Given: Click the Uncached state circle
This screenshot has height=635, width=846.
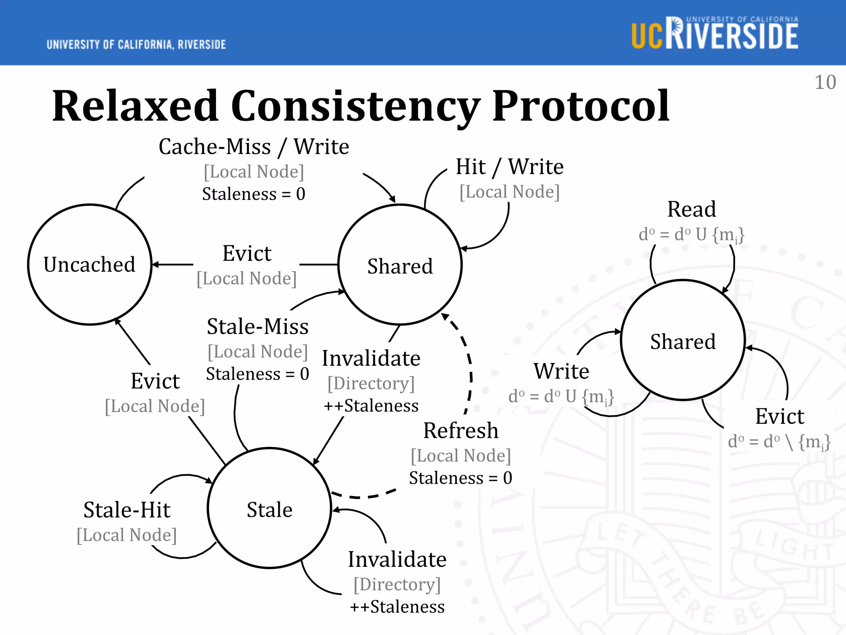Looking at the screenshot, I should [x=90, y=265].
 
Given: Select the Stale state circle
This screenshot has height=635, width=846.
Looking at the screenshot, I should [x=269, y=508].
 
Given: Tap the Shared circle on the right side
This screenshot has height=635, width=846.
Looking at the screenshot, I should [x=683, y=341].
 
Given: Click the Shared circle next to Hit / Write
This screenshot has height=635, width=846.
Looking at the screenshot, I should [x=400, y=265].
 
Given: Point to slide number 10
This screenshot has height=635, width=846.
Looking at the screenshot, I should [x=825, y=82].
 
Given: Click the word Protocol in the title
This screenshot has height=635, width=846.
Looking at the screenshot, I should [x=580, y=106].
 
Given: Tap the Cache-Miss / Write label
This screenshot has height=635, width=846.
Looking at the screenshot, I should [x=254, y=147].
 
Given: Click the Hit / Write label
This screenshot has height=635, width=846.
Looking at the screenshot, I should [x=509, y=167].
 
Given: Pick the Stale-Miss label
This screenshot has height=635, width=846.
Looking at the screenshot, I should [x=258, y=327].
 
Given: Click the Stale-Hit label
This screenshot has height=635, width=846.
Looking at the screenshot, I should [x=127, y=510].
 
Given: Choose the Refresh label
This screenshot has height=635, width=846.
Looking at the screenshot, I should [x=461, y=431].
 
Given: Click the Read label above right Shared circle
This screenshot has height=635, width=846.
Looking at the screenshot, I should [x=692, y=209].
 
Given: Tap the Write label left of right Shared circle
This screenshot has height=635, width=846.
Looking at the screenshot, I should [x=561, y=371].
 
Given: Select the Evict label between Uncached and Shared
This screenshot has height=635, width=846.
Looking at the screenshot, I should [x=247, y=253].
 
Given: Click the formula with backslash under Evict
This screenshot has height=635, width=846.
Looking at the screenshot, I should [x=779, y=442].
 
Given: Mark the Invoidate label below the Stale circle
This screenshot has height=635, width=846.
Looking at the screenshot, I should [x=397, y=559].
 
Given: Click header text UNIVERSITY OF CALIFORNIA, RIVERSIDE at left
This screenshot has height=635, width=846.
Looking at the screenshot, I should [x=136, y=45].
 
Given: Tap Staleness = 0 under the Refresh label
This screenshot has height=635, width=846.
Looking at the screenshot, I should [x=461, y=478].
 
